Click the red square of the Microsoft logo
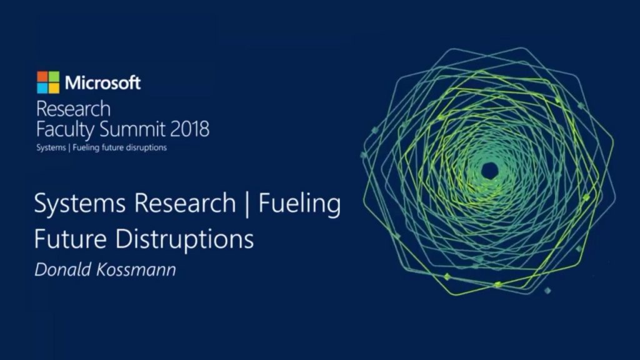[x=42, y=77]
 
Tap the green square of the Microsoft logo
[x=54, y=77]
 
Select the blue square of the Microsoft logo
[x=42, y=88]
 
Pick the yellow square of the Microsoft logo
[x=54, y=88]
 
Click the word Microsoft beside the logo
[x=103, y=82]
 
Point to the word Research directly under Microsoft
[x=73, y=109]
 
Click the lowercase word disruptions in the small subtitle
[x=146, y=148]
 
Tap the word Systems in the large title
[x=74, y=205]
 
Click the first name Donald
[x=59, y=271]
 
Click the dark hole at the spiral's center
[x=489, y=169]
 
